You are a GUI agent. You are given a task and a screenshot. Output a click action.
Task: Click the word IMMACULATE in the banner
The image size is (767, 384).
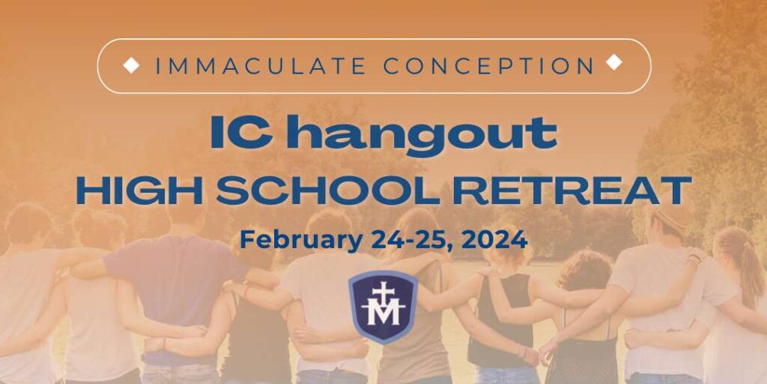click(x=261, y=66)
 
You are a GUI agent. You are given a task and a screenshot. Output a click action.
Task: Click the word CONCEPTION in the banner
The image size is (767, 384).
click(x=489, y=66)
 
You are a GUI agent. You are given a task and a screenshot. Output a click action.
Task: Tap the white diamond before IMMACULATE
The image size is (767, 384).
click(x=131, y=65)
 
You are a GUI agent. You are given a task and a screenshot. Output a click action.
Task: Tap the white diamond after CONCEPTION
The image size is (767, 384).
click(x=614, y=62)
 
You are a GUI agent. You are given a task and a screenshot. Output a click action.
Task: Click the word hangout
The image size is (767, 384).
click(x=422, y=134)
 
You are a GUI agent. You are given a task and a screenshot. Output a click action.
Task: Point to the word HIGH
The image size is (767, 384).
click(x=139, y=190)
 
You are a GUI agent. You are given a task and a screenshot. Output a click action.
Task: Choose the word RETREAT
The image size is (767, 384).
click(x=572, y=190)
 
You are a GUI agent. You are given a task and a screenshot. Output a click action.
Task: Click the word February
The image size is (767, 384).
click(x=301, y=240)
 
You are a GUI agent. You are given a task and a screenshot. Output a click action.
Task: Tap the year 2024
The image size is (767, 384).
click(x=495, y=240)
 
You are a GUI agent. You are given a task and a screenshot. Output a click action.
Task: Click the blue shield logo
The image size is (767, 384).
click(x=383, y=307)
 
